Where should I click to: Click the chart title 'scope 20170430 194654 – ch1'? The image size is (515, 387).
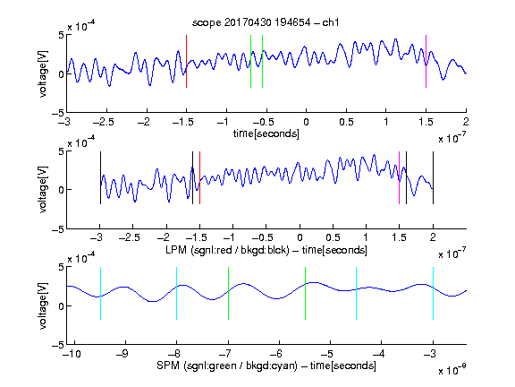coord(266,22)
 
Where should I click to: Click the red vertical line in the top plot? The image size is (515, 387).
coord(186,61)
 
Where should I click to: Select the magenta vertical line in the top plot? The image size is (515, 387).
coord(426,61)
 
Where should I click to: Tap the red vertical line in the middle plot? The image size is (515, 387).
coord(199,177)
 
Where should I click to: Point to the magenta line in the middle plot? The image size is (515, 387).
coord(399,177)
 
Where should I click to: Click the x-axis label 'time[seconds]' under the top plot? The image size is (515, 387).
coord(266,133)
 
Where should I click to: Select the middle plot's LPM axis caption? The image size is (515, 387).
coord(266,250)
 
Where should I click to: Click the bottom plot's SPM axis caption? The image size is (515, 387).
coord(266,365)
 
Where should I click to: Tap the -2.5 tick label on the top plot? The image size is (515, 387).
coord(104,122)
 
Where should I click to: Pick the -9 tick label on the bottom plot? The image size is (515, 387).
coord(122,354)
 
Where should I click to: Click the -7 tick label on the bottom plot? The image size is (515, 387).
coord(225,354)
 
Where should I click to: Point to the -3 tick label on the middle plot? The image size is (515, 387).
coord(97,237)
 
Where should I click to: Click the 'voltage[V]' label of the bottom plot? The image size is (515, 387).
coord(43,305)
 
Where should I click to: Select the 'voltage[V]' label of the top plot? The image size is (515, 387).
coord(43,73)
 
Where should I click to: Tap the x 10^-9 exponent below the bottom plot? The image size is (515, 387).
coord(452,369)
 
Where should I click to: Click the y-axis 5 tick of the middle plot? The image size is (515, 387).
coord(61,151)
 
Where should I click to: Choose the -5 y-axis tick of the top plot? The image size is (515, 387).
coord(58,113)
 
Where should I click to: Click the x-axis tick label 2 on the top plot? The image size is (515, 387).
coord(466,122)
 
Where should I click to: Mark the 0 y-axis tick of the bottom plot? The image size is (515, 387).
coord(61,306)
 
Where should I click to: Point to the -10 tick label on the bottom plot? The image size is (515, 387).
coord(72,354)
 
